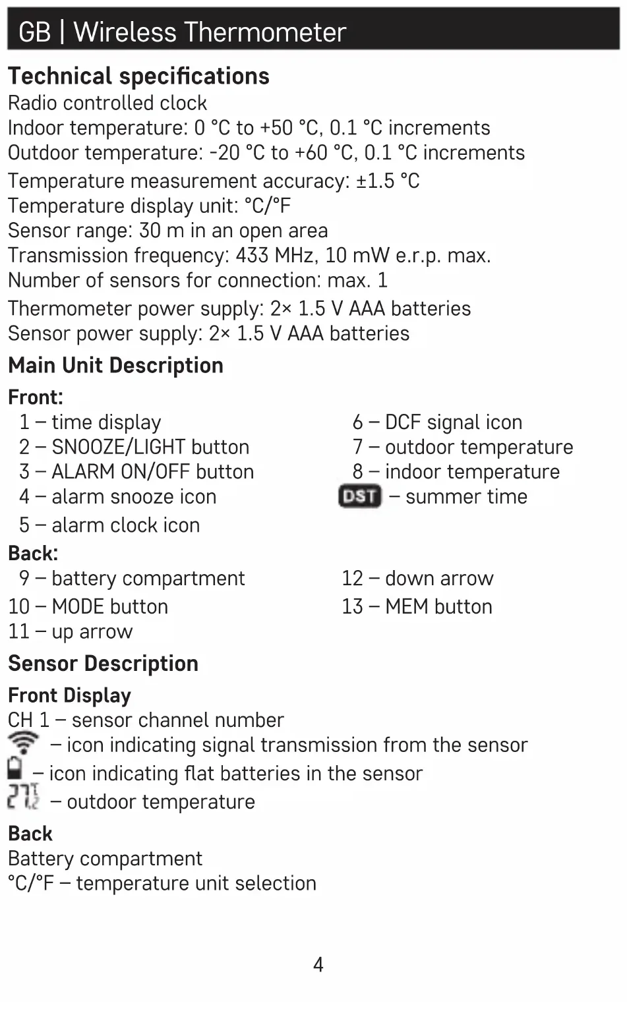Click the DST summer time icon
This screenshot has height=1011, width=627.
[359, 496]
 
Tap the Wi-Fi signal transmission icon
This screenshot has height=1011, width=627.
[24, 743]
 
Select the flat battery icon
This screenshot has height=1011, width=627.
[15, 769]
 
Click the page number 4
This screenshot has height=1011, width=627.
[318, 965]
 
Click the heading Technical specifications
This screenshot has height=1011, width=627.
[138, 76]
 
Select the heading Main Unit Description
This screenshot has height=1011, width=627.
[115, 365]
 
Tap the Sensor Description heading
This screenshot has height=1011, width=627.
[103, 663]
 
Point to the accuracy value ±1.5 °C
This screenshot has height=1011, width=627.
[388, 181]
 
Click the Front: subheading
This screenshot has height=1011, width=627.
[36, 397]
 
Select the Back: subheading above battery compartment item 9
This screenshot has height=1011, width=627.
[33, 553]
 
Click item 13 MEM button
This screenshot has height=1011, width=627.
[417, 606]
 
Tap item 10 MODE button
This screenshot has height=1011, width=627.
[88, 606]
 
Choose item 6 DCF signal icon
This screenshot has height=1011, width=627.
[437, 422]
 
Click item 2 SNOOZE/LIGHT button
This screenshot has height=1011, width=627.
[134, 447]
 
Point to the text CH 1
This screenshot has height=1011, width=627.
[28, 720]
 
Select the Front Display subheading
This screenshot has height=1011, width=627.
[69, 695]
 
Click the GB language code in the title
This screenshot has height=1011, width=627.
[34, 32]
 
